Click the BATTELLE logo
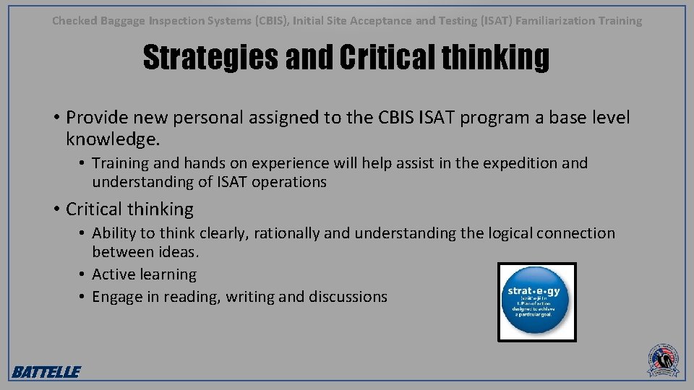46,372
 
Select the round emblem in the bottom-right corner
663,360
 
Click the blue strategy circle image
537,302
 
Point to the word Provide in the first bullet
96,118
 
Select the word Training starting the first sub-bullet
121,163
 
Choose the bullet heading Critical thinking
129,209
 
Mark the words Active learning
144,274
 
